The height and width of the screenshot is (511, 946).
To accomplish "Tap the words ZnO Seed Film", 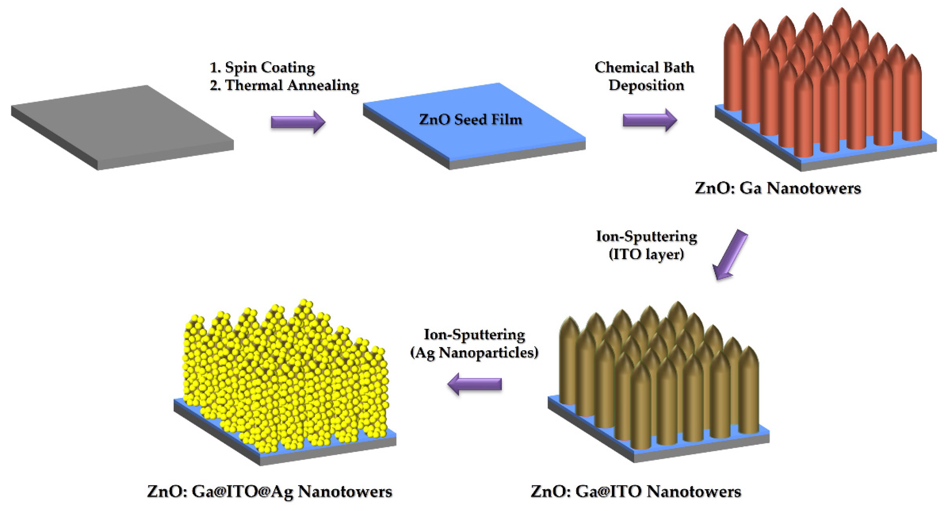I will point(471,119).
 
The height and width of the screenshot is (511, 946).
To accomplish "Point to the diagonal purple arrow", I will point(729,255).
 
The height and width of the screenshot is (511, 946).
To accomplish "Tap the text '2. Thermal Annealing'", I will point(284,85).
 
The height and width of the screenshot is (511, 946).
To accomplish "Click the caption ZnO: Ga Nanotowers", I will point(778,188).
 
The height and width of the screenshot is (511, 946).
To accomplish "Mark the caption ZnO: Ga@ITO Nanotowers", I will point(636,491).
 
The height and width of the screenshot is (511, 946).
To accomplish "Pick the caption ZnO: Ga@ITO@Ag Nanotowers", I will point(270,491).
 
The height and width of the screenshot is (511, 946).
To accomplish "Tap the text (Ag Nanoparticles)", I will point(474,353).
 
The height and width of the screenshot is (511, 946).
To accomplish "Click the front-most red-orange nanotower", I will point(803,118).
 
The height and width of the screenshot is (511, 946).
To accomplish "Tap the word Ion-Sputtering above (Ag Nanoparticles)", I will point(474,335).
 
